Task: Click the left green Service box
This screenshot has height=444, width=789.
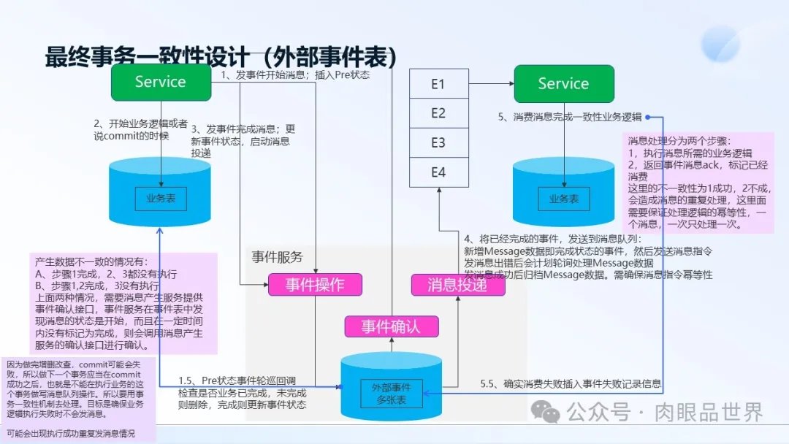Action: point(161,82)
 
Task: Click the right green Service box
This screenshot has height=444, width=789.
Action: point(563,83)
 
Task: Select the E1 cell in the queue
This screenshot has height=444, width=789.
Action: point(438,84)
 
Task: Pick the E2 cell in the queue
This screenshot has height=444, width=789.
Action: point(438,113)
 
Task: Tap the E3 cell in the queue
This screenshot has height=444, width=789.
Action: point(438,143)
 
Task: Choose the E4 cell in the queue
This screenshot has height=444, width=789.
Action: point(438,173)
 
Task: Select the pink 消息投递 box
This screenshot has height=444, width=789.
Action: point(458,285)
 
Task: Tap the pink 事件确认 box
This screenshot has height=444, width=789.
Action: point(392,326)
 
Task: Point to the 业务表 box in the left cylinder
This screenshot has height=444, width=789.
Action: point(161,198)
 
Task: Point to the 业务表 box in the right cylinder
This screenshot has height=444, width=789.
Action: point(563,198)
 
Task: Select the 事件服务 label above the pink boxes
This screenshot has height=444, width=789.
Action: point(277,257)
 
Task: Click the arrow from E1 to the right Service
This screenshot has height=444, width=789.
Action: point(489,84)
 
